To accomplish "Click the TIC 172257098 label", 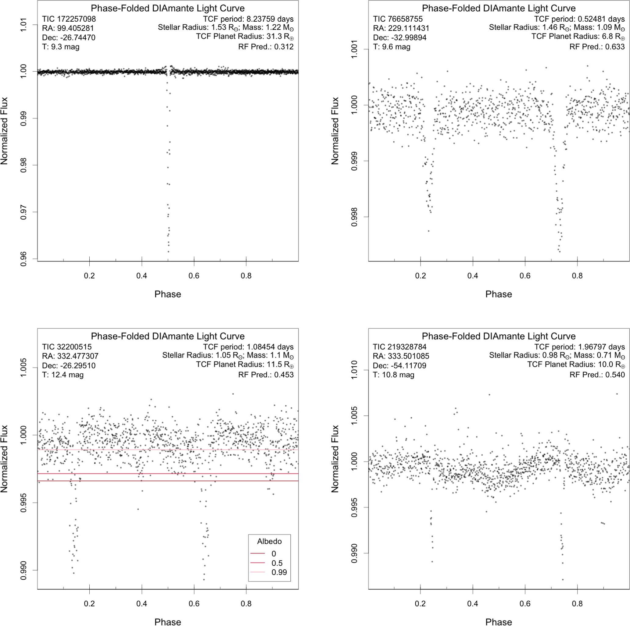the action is coord(69,19).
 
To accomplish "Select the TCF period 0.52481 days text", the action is coord(579,19).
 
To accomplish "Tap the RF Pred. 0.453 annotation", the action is coord(266,375).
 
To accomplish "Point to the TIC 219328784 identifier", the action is coord(400,347).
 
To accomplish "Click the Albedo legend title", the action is coord(269,541).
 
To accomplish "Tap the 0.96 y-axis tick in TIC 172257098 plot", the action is coord(23,259).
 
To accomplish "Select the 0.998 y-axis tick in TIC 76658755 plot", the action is coord(354,217).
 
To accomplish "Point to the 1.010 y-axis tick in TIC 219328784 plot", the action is coord(354,370).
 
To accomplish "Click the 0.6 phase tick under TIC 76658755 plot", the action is coord(525,276).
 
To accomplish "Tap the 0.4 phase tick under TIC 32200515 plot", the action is coord(142,603).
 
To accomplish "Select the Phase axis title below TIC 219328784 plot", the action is coord(499,622).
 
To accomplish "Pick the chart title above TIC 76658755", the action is coord(499,8).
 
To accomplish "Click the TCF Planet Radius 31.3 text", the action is coord(245,37).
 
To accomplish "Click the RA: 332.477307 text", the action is coord(70,356).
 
